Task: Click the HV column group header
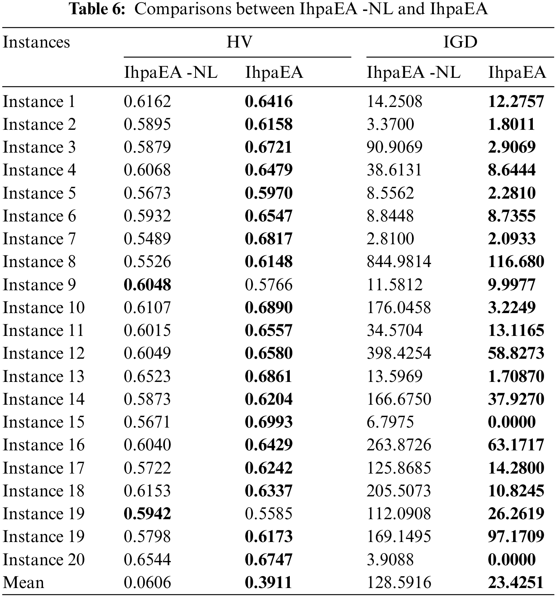pyautogui.click(x=239, y=42)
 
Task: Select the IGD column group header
pyautogui.click(x=460, y=42)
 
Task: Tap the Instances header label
pyautogui.click(x=36, y=42)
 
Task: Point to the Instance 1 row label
pyautogui.click(x=39, y=102)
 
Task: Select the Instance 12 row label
pyautogui.click(x=44, y=353)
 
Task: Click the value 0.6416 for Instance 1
pyautogui.click(x=268, y=102)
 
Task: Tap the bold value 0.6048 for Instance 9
pyautogui.click(x=147, y=285)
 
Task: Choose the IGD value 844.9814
pyautogui.click(x=399, y=262)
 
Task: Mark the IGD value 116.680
pyautogui.click(x=516, y=262)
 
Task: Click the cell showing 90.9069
pyautogui.click(x=394, y=147)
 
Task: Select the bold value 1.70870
pyautogui.click(x=516, y=376)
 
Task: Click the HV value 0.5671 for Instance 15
pyautogui.click(x=147, y=422)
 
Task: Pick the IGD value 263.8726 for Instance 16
pyautogui.click(x=399, y=445)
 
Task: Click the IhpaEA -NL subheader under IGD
pyautogui.click(x=413, y=72)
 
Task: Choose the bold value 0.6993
pyautogui.click(x=268, y=422)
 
